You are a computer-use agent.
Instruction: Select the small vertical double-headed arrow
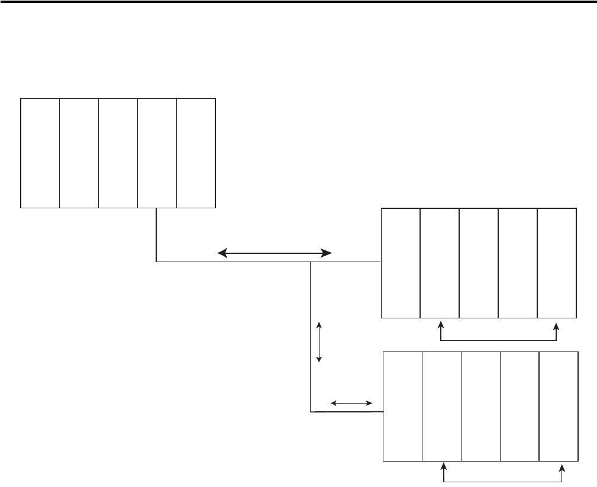click(x=320, y=342)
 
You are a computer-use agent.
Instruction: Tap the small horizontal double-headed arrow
click(x=351, y=403)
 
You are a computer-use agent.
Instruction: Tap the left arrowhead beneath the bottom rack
click(x=444, y=467)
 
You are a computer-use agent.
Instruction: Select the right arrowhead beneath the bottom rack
click(x=563, y=467)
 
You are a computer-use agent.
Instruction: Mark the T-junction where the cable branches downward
click(x=311, y=262)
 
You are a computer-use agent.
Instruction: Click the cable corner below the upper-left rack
click(x=156, y=261)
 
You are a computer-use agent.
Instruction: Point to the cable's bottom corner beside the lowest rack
click(x=311, y=411)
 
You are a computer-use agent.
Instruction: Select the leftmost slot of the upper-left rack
click(x=40, y=153)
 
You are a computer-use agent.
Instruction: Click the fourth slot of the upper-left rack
click(x=157, y=153)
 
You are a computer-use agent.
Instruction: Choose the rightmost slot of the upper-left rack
click(x=196, y=153)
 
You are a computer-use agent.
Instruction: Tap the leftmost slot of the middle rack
click(x=401, y=263)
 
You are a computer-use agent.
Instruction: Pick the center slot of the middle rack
click(x=479, y=263)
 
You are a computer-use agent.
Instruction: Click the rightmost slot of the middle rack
click(x=557, y=263)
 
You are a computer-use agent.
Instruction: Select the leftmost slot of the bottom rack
click(x=403, y=406)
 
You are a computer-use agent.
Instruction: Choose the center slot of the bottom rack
click(x=480, y=406)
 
